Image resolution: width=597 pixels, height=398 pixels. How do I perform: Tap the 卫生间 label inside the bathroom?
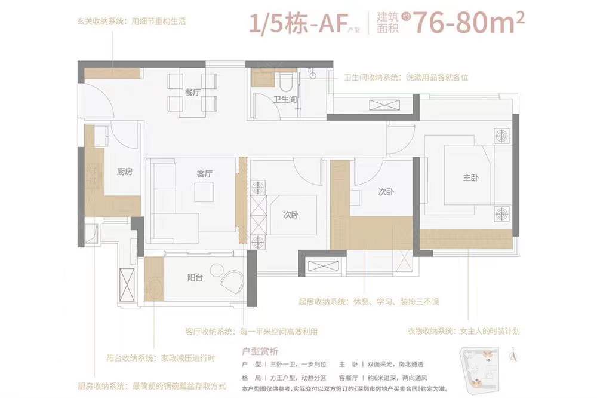pos(285,99)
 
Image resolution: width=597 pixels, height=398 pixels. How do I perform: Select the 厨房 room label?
pos(124,172)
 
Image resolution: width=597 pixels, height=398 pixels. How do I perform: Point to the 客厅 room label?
pos(205,174)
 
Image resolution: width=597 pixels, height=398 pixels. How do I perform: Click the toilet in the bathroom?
pos(286,80)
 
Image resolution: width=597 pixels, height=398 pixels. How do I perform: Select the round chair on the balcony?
pos(232,280)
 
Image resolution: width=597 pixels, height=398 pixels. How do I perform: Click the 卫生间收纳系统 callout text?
pos(405,77)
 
